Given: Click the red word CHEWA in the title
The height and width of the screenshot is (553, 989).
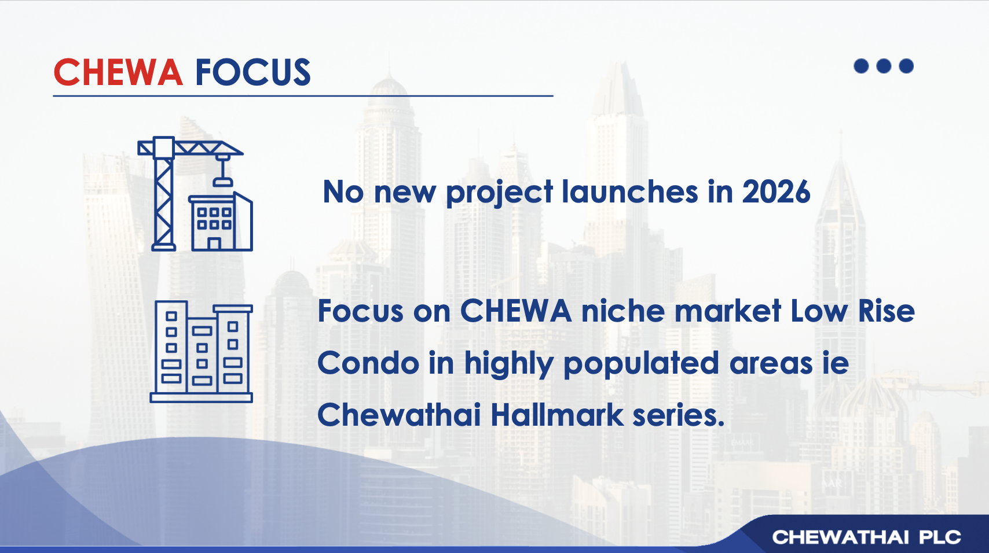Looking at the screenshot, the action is pyautogui.click(x=118, y=72).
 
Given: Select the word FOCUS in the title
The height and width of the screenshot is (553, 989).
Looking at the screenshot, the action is pyautogui.click(x=253, y=72).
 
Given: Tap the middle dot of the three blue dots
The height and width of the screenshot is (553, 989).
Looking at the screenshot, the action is pyautogui.click(x=884, y=66).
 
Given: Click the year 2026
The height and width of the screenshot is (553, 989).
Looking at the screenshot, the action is pyautogui.click(x=776, y=192).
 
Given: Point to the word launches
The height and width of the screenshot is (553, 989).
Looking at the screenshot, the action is pyautogui.click(x=630, y=192).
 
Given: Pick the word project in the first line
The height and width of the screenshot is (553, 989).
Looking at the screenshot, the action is pyautogui.click(x=499, y=193).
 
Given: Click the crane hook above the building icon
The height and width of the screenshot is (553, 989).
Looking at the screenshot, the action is pyautogui.click(x=222, y=182).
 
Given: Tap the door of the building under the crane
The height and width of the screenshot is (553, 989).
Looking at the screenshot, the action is pyautogui.click(x=214, y=244).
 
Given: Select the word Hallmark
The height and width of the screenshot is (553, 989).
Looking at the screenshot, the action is pyautogui.click(x=557, y=415).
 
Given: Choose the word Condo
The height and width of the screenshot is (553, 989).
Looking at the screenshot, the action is pyautogui.click(x=368, y=363).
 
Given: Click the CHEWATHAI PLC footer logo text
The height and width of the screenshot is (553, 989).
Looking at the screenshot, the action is pyautogui.click(x=867, y=537).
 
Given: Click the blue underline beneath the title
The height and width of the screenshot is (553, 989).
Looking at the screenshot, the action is pyautogui.click(x=303, y=95).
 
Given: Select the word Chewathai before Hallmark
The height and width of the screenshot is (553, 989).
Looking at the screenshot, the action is pyautogui.click(x=399, y=415).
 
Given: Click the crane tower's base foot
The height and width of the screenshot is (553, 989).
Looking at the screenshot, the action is pyautogui.click(x=164, y=248).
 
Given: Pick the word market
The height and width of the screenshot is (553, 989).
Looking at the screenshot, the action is pyautogui.click(x=728, y=311).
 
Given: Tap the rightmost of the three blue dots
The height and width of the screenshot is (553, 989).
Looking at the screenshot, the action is pyautogui.click(x=906, y=66).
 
